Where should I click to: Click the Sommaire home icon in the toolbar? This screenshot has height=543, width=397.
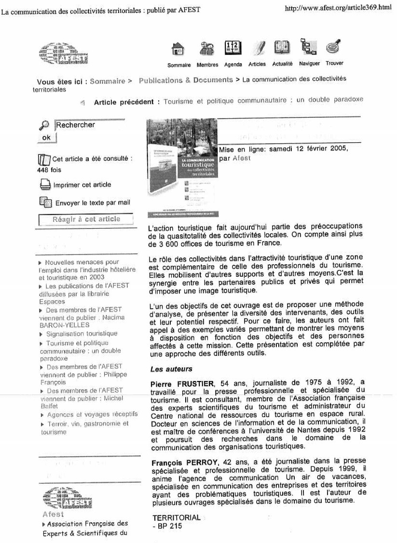click(178, 49)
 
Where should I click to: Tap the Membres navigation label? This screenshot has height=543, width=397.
click(207, 65)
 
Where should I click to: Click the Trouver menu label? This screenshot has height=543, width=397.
click(334, 64)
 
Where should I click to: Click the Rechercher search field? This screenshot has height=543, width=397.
click(89, 125)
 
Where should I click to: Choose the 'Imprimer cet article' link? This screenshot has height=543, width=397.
click(82, 185)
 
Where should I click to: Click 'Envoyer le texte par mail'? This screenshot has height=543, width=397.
click(93, 203)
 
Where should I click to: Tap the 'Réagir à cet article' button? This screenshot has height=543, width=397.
click(86, 219)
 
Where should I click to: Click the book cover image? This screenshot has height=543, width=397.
click(182, 166)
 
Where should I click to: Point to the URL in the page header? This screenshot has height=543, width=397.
click(339, 8)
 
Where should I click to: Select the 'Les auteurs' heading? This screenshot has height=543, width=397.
click(164, 369)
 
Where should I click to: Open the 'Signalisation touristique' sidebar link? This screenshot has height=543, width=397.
click(82, 334)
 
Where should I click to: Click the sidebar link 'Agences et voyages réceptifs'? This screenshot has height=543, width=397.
click(86, 414)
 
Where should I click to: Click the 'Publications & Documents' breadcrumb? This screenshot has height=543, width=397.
click(186, 81)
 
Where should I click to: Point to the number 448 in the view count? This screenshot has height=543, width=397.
click(43, 170)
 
